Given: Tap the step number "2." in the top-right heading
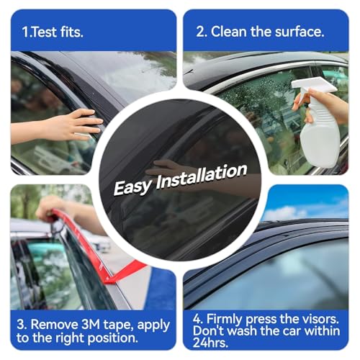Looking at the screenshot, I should coord(202,32).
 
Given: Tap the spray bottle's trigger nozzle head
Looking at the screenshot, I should coord(314,86).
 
